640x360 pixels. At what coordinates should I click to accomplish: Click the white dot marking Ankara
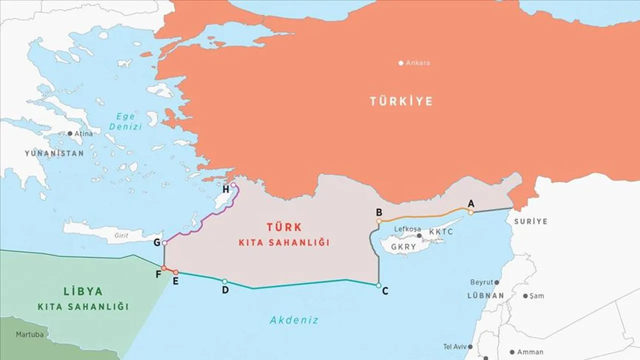click(x=400, y=63)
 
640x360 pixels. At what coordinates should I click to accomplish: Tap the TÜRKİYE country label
click(x=401, y=101)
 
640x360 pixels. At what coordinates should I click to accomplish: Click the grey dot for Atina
click(x=70, y=134)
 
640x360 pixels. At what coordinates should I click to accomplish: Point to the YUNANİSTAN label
click(x=54, y=153)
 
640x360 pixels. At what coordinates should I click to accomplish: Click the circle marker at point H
click(x=233, y=184)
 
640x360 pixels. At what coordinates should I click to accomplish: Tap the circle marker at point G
click(x=164, y=242)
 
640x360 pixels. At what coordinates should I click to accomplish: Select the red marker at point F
click(x=164, y=268)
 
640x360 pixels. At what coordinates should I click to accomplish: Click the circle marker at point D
click(x=224, y=281)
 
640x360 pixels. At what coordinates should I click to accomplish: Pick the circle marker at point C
click(x=378, y=285)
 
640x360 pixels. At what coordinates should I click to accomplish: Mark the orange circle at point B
click(x=379, y=220)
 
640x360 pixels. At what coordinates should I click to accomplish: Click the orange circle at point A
click(x=470, y=212)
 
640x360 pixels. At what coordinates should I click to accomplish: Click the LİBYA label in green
click(x=83, y=291)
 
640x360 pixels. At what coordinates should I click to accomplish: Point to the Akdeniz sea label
click(x=294, y=320)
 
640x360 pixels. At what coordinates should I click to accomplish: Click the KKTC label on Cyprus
click(x=440, y=232)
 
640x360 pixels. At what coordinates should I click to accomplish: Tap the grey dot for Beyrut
click(x=496, y=282)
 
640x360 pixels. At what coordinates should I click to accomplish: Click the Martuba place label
click(x=29, y=334)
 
